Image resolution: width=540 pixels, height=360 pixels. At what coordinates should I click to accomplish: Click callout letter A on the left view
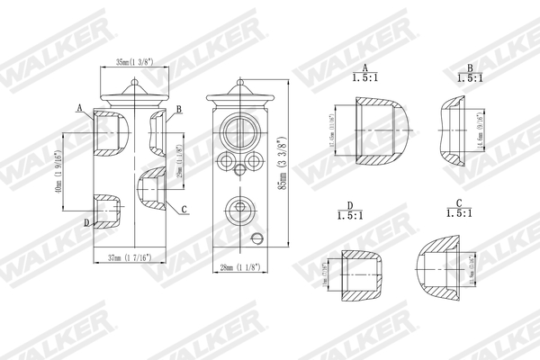(x=79, y=108)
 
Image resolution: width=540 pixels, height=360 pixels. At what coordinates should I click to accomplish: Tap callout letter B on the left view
(x=180, y=110)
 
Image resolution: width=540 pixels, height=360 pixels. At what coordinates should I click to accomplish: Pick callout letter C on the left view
(x=184, y=211)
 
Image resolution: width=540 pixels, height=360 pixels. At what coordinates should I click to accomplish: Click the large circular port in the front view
(x=239, y=128)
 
